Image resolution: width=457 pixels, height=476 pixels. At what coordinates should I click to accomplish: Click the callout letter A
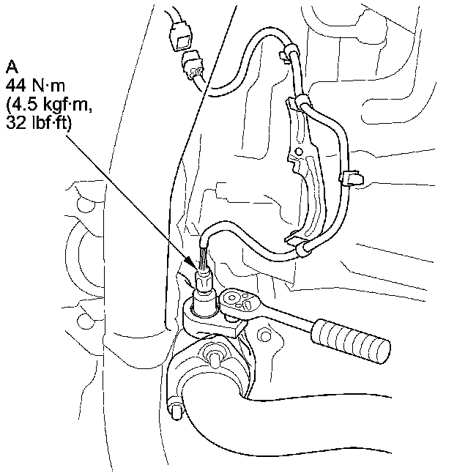pos(12,68)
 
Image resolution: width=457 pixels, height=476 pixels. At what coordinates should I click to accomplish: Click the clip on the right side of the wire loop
pos(352,176)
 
